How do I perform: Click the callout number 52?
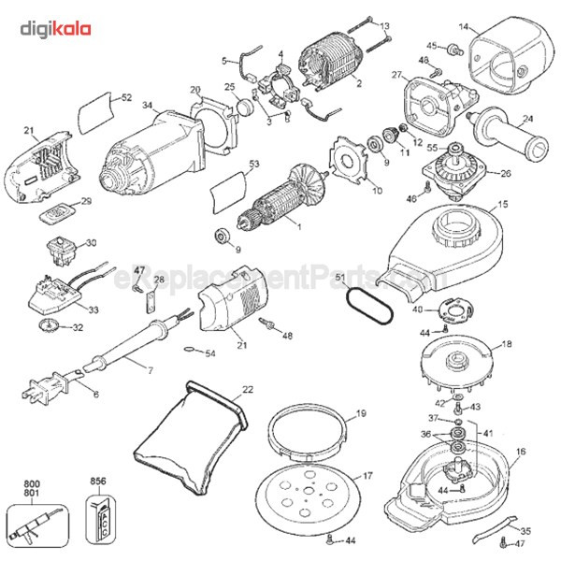click(x=126, y=97)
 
